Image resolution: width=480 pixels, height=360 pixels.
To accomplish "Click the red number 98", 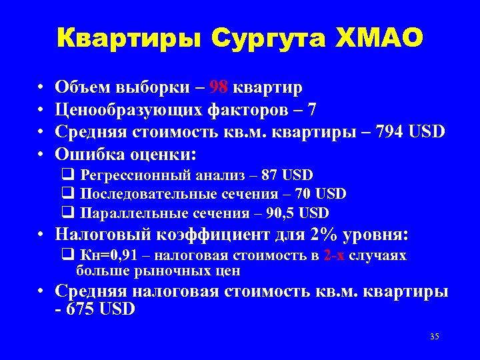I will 219,87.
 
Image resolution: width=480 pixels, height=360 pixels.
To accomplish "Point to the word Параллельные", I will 127,213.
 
